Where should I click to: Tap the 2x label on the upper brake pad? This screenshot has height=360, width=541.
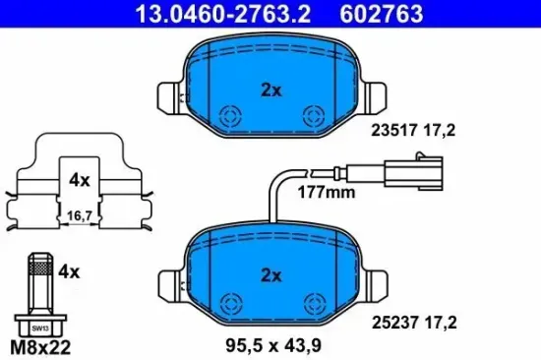click(x=270, y=90)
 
